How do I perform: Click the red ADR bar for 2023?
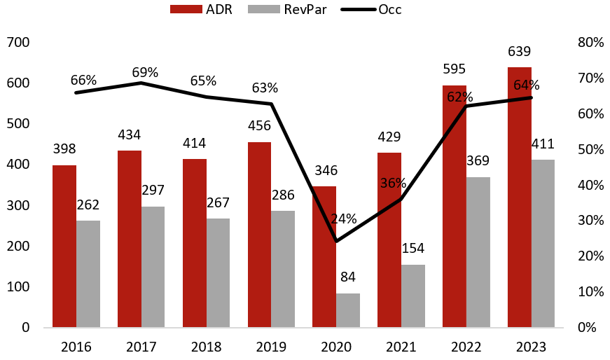pos(520,197)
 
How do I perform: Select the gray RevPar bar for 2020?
pos(348,310)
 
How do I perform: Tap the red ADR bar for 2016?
pos(64,246)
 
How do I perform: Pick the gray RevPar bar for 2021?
pos(413,296)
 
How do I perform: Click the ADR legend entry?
pos(201,9)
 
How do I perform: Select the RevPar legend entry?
pos(287,9)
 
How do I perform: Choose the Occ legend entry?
pos(371,9)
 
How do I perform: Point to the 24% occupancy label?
pos(343,219)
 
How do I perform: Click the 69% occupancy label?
pos(145,72)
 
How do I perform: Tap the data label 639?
pos(520,51)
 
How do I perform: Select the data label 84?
pos(348,277)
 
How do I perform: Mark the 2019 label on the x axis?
pos(271,347)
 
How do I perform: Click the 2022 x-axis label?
pos(466,347)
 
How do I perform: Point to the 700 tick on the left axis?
pos(18,42)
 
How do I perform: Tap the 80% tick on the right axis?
pos(590,42)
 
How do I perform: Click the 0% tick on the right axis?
pos(587,327)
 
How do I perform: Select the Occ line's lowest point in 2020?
pos(336,242)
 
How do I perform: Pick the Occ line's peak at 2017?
pos(141,83)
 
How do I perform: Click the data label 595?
pos(455,69)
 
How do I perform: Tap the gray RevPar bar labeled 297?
pos(153,267)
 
